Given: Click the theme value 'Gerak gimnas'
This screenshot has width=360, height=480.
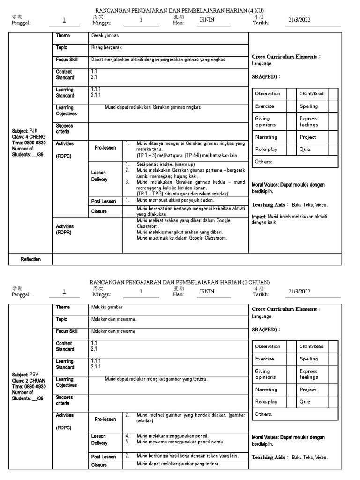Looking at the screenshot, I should pos(105,36).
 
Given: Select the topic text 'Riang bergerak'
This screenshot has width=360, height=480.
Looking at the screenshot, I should pos(106,48).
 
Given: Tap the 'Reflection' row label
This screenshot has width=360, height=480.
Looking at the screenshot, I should pos(31,259).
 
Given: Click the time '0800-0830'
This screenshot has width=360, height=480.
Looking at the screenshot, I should pos(36,143).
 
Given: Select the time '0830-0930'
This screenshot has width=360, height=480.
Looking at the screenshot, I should pos(36,387).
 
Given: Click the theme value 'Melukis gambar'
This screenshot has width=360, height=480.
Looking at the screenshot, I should pos(107,307).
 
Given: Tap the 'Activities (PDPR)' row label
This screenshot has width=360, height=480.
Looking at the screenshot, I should pos(65,230).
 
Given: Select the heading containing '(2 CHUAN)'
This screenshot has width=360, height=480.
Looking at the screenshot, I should pos(180,282).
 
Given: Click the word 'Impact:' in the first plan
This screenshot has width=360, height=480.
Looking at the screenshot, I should pos(259,217).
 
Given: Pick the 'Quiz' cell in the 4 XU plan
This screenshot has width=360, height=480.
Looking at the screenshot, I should pos(305,150).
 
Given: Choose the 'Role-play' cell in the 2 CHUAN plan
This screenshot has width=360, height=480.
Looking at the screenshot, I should pos(266,402).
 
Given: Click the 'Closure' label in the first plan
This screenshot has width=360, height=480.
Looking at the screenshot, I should pos(99,212).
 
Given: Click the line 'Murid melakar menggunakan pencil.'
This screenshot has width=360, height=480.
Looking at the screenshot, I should pos(172,436).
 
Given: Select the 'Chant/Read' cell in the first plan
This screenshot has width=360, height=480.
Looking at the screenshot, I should pos(312,94).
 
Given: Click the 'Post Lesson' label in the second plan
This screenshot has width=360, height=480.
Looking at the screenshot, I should pos(104,457).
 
